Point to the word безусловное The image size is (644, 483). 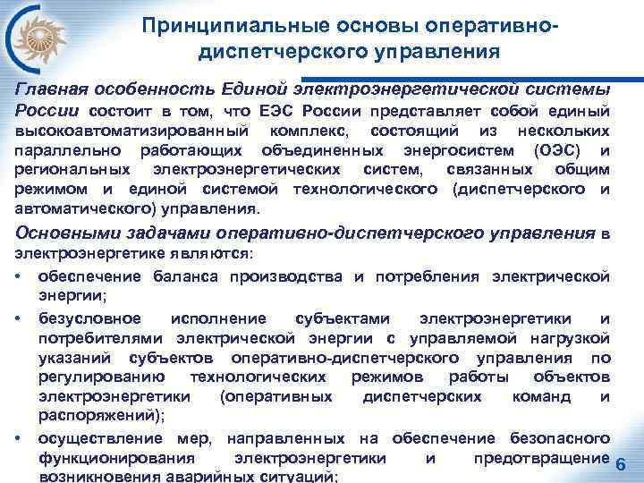pyautogui.click(x=89, y=318)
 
